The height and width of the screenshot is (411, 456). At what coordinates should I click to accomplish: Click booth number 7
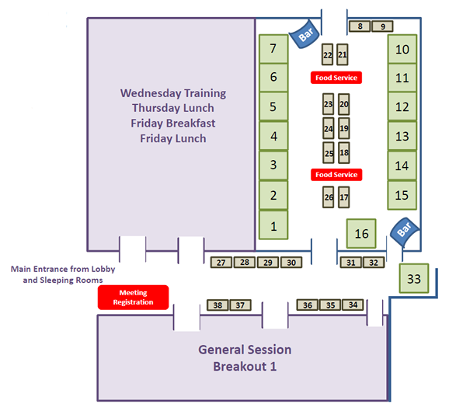pos(273,49)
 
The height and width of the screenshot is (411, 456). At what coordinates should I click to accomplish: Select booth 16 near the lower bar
pos(361,234)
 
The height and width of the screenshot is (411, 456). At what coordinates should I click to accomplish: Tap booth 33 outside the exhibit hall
pos(414,278)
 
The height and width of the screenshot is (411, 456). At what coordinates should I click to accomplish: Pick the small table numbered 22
pos(328,54)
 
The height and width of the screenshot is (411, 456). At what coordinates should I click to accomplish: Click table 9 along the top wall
pos(382,26)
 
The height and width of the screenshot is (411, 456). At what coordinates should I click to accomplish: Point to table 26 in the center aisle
pos(329,197)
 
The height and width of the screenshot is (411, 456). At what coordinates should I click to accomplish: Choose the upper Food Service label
pos(336,78)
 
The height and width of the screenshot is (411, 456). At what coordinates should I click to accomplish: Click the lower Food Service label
pos(336,175)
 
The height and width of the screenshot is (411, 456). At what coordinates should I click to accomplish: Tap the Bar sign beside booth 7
pos(305,33)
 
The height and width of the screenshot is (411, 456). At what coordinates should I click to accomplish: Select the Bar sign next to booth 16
pos(405,232)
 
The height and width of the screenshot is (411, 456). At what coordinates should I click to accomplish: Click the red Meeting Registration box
pos(133,298)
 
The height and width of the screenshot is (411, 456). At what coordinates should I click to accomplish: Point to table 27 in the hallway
pos(221,263)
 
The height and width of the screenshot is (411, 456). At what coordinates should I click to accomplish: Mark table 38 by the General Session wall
pos(218,305)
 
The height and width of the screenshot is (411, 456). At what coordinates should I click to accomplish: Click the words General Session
pos(245,350)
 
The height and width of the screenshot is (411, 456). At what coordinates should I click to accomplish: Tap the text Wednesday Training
pos(173,93)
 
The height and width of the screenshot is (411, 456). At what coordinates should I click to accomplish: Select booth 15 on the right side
pos(402,195)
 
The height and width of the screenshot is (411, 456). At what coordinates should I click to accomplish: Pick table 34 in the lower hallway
pos(353,305)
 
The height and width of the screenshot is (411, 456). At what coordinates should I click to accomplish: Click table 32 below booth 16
pos(374,263)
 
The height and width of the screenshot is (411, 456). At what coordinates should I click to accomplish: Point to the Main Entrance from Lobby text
pos(63,269)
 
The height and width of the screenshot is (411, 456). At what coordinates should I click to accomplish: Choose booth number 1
pos(273,225)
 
